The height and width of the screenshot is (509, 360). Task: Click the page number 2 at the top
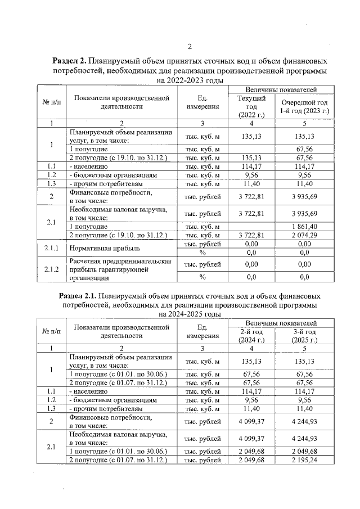coord(190,46)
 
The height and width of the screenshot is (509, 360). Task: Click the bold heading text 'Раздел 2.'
coord(72,61)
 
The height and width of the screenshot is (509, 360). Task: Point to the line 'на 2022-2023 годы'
coord(190,81)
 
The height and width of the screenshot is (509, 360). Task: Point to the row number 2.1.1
coord(51,248)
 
